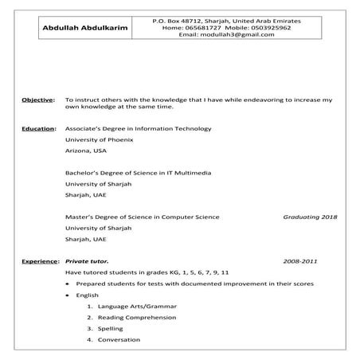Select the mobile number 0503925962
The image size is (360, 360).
pyautogui.click(x=262, y=27)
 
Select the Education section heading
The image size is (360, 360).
pyautogui.click(x=37, y=127)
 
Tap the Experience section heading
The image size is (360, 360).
pyautogui.click(x=39, y=261)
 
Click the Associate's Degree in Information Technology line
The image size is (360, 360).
pyautogui.click(x=138, y=127)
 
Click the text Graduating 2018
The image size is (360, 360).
pyautogui.click(x=310, y=217)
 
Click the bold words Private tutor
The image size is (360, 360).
pyautogui.click(x=86, y=261)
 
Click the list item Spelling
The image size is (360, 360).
pyautogui.click(x=111, y=328)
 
